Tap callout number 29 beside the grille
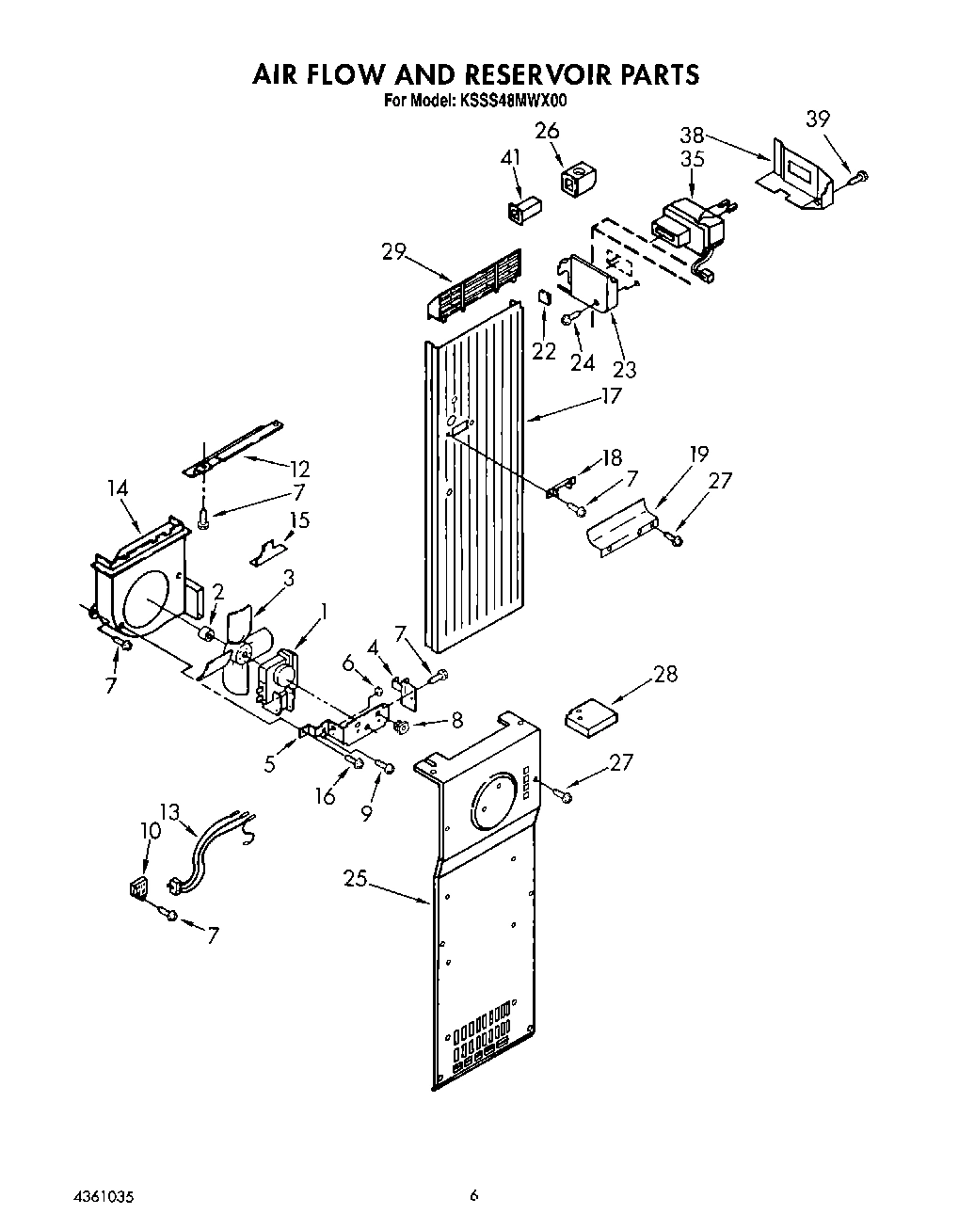tap(393, 251)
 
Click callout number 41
tap(510, 159)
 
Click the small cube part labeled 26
tap(575, 182)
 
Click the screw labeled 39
tap(858, 175)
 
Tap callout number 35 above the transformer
tap(692, 159)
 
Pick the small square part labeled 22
tap(544, 296)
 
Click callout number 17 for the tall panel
tap(611, 396)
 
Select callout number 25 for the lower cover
tap(355, 879)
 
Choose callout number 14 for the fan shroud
tap(118, 488)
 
